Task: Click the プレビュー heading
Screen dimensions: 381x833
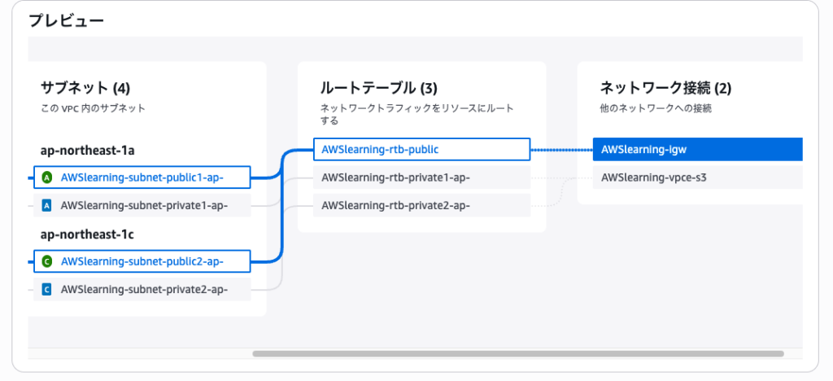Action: coord(67,22)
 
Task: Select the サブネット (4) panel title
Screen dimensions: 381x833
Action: coord(85,87)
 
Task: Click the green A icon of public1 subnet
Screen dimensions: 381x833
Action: coord(47,177)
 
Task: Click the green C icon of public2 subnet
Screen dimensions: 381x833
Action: coord(47,261)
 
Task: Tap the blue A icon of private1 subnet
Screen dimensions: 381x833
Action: coord(47,205)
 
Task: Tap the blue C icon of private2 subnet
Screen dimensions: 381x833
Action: coord(47,289)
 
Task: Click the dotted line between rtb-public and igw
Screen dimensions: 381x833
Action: coord(561,150)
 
